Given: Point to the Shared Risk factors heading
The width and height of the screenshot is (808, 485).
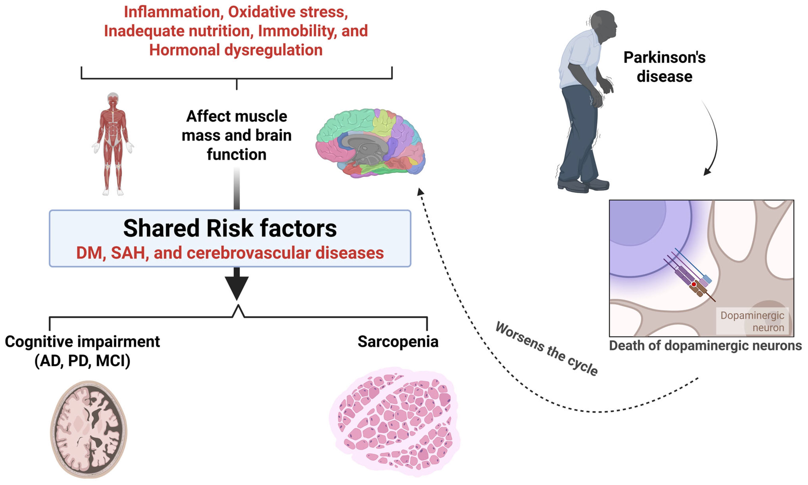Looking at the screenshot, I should point(230,228).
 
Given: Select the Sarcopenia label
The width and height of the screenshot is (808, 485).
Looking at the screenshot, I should point(398,342).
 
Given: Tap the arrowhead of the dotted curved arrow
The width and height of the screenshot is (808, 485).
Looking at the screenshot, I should point(421,192).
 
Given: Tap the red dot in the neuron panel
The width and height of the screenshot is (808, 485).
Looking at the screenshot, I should point(693,284).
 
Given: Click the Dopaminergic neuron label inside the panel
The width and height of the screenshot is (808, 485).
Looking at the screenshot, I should point(752,321).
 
